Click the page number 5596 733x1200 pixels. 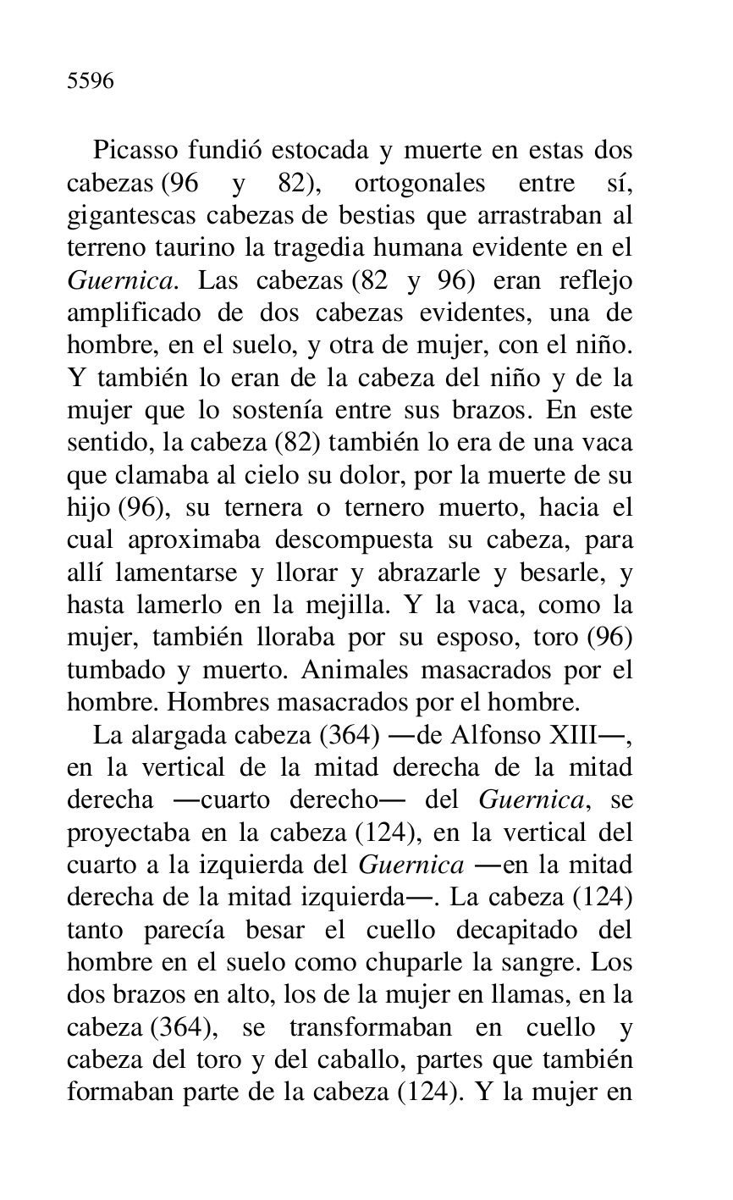tap(91, 81)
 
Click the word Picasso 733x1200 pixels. tap(135, 151)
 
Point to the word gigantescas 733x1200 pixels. tap(131, 216)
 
